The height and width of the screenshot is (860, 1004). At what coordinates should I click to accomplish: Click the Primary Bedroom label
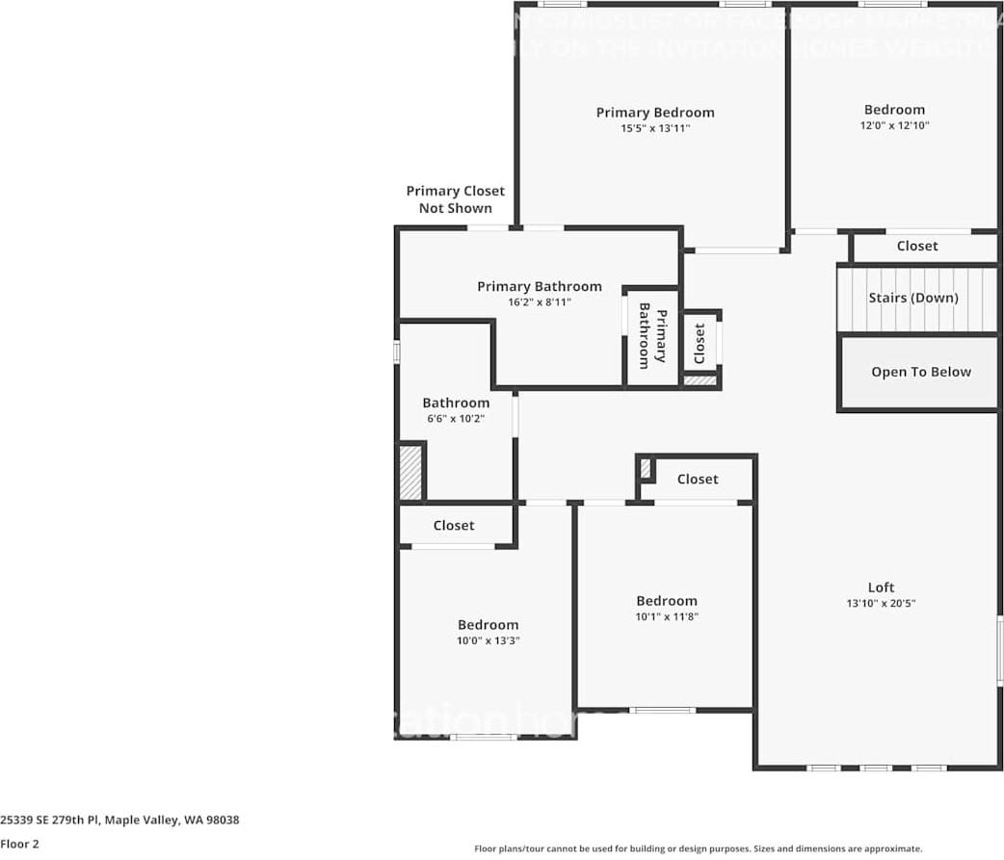(655, 113)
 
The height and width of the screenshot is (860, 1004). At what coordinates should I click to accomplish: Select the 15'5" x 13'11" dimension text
(655, 128)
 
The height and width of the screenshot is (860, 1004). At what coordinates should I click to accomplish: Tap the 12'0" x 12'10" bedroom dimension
(894, 125)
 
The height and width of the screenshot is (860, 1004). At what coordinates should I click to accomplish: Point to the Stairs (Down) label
(913, 298)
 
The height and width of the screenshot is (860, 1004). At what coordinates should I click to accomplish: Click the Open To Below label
(921, 372)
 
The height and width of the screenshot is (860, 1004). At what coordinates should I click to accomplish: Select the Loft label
(881, 587)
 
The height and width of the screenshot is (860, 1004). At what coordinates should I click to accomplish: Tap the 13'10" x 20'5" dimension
(881, 604)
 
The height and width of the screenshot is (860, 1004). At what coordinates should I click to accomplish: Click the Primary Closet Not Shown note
(455, 199)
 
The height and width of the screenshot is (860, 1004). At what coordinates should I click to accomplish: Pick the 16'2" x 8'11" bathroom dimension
(540, 302)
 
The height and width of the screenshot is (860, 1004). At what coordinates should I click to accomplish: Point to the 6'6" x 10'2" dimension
(456, 419)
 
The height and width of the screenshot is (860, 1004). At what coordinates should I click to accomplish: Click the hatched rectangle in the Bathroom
(411, 471)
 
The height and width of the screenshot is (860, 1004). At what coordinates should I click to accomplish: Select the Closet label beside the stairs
(917, 247)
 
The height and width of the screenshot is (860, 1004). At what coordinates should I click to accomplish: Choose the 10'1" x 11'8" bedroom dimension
(666, 616)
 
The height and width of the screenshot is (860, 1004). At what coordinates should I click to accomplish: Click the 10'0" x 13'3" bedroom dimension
(488, 640)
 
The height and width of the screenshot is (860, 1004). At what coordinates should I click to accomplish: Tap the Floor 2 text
(20, 844)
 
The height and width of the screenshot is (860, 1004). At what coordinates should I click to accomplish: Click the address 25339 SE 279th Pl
(119, 821)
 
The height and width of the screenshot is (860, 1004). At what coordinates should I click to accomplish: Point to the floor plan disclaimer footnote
(699, 848)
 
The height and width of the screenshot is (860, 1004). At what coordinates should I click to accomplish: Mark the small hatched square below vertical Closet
(700, 381)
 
